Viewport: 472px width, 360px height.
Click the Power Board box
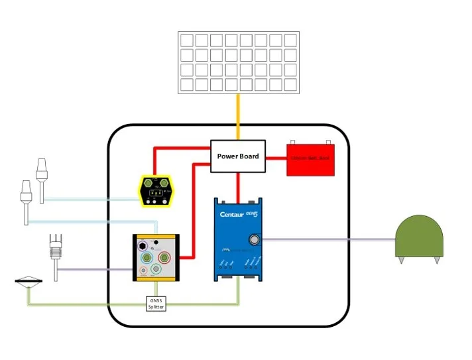pos(238,156)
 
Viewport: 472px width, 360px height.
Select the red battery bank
pos(310,159)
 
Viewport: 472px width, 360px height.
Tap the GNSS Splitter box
pos(156,304)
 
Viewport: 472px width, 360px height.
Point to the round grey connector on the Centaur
pos(254,239)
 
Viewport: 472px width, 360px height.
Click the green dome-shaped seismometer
pos(419,235)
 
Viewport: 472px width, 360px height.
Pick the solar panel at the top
pos(238,62)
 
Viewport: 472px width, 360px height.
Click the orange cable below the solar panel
pos(238,117)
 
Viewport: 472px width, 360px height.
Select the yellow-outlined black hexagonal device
pos(156,190)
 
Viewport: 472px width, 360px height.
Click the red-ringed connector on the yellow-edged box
pos(164,257)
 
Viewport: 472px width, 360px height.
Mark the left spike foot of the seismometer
pos(402,260)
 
